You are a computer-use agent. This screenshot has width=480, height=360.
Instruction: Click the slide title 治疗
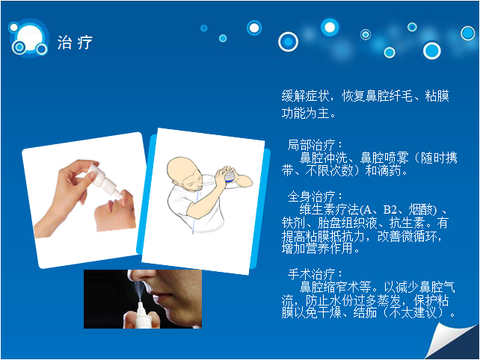[75, 43]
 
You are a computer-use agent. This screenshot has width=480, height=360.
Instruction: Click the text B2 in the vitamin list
[390, 210]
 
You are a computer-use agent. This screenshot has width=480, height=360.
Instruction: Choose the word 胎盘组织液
[347, 223]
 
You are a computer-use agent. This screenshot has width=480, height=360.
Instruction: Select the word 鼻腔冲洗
[323, 158]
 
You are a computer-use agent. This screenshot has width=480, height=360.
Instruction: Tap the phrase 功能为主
[305, 113]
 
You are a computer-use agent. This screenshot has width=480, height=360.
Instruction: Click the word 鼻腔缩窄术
[330, 287]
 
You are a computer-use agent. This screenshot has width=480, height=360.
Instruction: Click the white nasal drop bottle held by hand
[103, 180]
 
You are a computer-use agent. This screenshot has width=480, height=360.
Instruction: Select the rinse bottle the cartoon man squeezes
[230, 176]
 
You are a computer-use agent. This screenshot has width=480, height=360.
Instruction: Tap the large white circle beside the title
[29, 37]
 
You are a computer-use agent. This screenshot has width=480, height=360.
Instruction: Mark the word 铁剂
[293, 223]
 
